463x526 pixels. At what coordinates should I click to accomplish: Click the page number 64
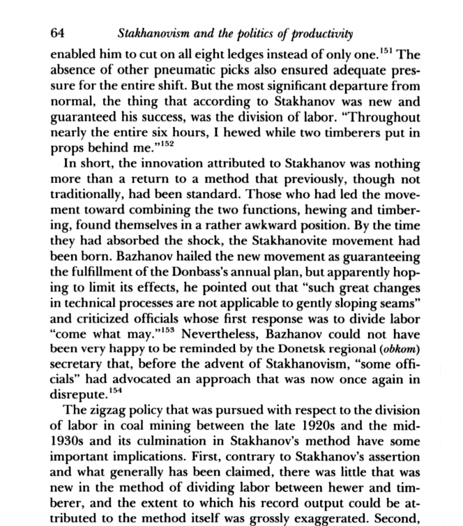59,31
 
